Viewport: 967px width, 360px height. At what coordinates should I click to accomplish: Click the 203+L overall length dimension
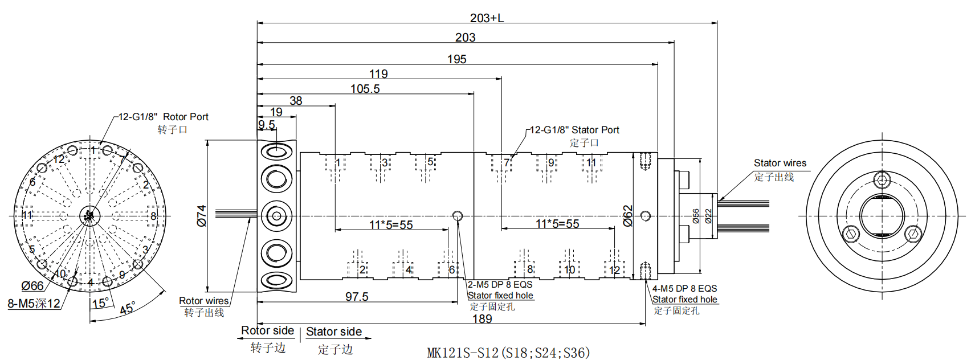tap(487, 18)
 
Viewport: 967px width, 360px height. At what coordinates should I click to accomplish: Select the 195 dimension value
tap(456, 59)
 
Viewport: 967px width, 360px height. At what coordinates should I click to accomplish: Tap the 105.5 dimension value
tap(365, 89)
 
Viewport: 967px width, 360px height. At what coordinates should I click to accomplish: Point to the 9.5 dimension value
tap(267, 125)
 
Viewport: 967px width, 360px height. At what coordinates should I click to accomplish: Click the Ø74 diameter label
tap(202, 216)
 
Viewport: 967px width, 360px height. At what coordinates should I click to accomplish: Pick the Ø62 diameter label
tap(628, 216)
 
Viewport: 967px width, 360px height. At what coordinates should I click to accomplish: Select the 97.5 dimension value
tap(357, 297)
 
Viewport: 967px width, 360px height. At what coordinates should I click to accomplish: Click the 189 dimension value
tap(482, 319)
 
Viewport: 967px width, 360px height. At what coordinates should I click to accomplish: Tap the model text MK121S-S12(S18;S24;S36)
tap(508, 353)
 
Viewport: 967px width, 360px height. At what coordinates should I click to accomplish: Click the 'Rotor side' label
tap(267, 331)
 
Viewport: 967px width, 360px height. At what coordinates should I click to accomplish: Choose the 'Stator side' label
tap(334, 332)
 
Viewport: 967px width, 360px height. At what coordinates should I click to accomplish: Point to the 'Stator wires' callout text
tap(780, 163)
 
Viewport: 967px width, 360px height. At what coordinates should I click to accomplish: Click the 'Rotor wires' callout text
tap(203, 301)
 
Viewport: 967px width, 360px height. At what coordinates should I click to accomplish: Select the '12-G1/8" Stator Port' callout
tap(574, 130)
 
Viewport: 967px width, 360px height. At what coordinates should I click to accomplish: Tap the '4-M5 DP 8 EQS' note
tap(684, 289)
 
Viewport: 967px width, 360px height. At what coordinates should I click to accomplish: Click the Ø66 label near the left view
tap(32, 287)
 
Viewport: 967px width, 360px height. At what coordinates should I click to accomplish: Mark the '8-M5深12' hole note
tap(34, 304)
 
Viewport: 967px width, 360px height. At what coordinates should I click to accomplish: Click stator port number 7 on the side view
tap(506, 163)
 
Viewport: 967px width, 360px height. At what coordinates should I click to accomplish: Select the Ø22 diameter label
tap(708, 216)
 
